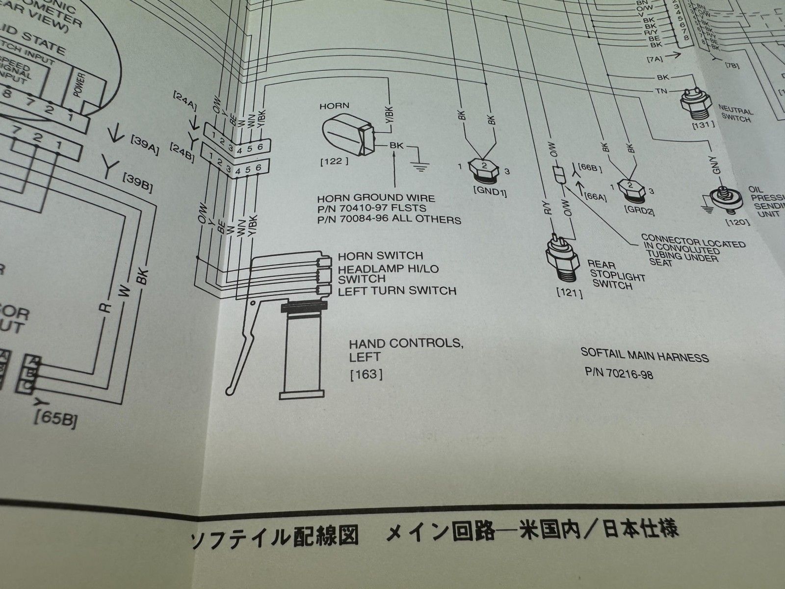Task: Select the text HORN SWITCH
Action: coord(380,256)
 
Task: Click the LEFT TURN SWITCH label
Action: coord(397,291)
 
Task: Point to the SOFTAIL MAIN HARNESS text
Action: coord(644,355)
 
